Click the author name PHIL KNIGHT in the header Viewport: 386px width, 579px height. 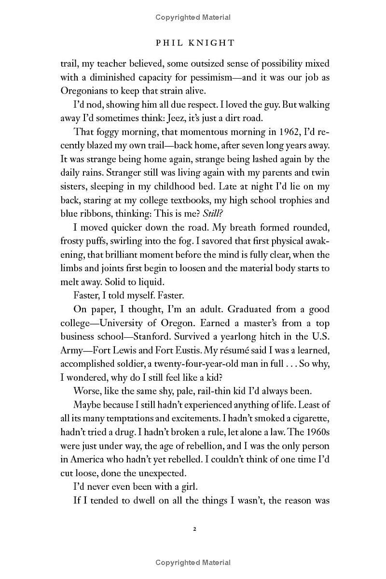195,43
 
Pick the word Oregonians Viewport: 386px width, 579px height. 86,91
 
